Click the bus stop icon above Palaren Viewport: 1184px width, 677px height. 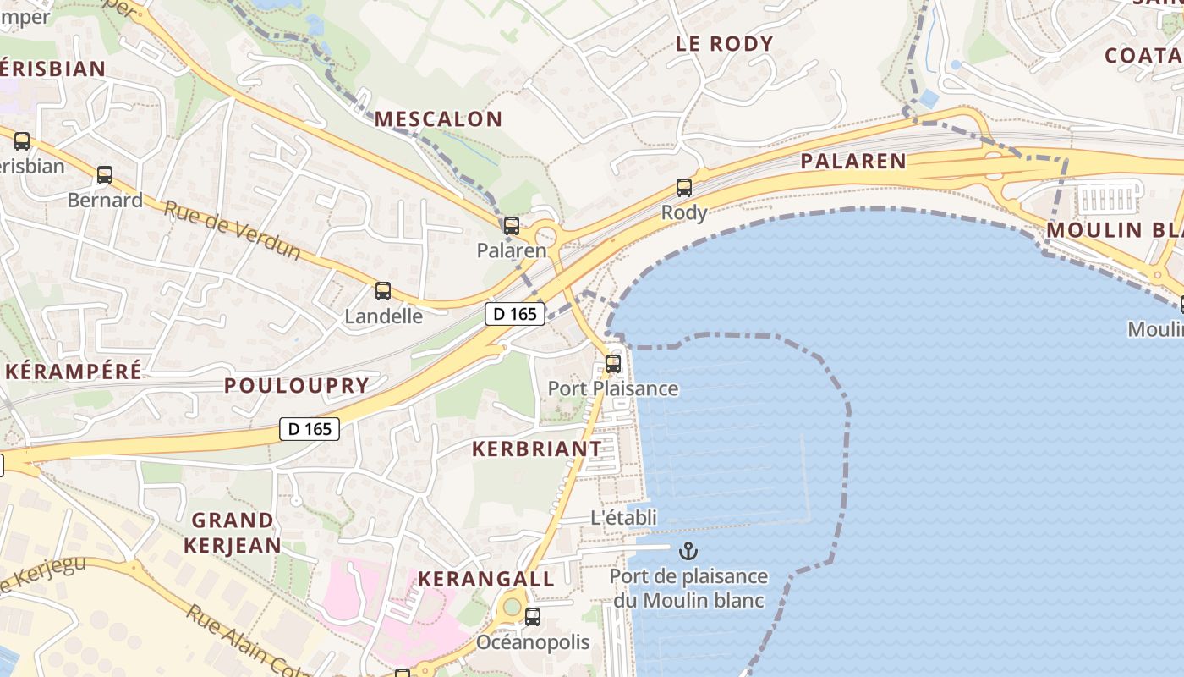point(511,226)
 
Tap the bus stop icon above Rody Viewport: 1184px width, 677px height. point(683,188)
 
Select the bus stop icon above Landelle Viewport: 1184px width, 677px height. point(383,291)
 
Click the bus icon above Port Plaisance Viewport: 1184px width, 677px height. point(613,364)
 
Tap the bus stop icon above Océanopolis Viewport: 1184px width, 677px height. point(533,617)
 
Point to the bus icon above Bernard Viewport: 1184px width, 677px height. point(105,175)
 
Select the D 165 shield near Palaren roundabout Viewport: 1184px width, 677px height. point(515,314)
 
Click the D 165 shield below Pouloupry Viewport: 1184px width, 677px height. point(310,429)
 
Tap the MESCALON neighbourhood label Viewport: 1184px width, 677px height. point(439,119)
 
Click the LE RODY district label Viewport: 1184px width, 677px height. point(725,44)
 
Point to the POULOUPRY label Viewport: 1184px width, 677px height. point(297,386)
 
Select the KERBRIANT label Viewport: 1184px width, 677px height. point(537,449)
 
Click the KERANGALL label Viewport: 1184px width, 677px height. point(486,579)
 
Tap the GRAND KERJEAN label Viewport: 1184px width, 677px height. point(233,532)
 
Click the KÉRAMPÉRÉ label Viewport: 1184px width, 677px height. point(74,371)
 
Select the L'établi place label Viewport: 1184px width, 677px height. point(623,517)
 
